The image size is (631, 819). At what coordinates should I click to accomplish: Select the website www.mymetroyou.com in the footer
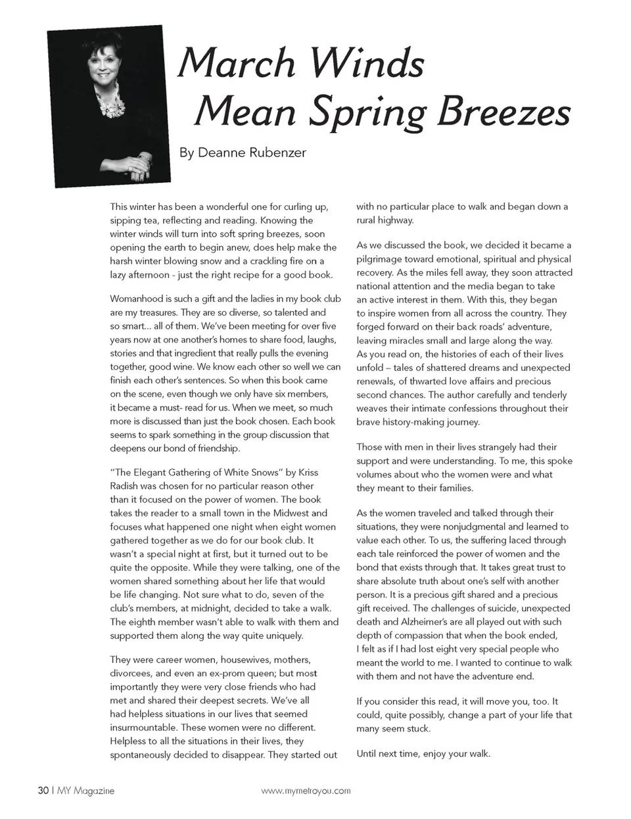[306, 791]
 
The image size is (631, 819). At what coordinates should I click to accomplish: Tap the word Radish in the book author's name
[125, 486]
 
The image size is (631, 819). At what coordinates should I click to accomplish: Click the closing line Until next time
[423, 753]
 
